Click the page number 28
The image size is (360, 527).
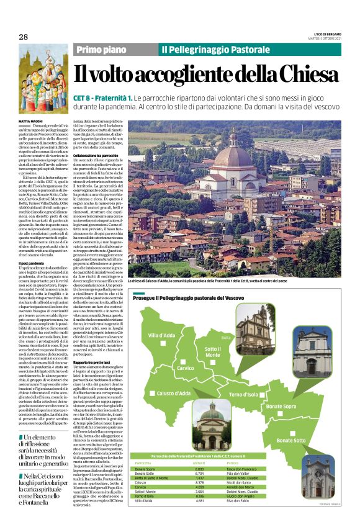(x=23, y=37)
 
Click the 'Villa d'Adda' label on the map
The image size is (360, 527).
(x=161, y=335)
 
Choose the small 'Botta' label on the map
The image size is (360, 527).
(x=226, y=338)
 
